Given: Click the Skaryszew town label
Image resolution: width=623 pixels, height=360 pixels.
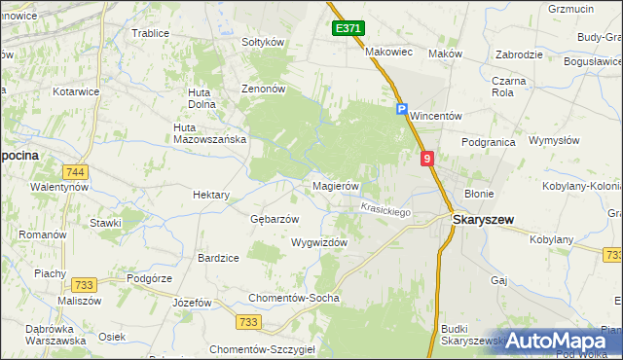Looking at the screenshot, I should [x=484, y=220].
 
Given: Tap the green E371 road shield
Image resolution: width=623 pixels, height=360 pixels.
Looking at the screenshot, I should [x=348, y=29].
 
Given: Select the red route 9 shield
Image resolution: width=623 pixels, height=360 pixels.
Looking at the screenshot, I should [x=426, y=158].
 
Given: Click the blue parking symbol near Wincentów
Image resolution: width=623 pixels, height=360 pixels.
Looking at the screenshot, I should [x=401, y=110].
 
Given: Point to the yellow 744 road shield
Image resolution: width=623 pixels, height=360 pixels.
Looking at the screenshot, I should [x=76, y=172].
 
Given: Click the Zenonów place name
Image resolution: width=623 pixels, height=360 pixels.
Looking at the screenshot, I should [x=263, y=88].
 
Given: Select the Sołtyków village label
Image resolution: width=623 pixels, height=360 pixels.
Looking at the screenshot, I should [x=262, y=43].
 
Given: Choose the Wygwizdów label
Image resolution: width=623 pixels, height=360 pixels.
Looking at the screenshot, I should [x=319, y=243].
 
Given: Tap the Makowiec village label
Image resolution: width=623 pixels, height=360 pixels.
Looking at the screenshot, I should [x=389, y=52].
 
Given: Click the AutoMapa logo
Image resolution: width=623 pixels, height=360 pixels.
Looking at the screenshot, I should [x=556, y=341].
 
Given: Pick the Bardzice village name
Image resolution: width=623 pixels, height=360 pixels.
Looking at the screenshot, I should [x=218, y=258].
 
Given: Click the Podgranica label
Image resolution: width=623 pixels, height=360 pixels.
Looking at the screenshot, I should [x=489, y=142].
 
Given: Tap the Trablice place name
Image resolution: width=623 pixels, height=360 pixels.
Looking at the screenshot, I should [x=150, y=33].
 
